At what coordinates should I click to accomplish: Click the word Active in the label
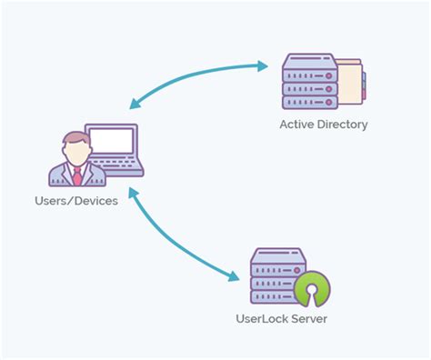(296, 125)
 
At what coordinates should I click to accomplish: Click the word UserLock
(260, 319)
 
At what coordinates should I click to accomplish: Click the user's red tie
(77, 175)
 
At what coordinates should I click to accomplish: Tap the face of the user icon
(76, 153)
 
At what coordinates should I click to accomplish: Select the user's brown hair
(76, 139)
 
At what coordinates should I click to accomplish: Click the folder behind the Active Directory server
(353, 82)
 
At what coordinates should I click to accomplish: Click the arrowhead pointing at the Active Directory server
(264, 65)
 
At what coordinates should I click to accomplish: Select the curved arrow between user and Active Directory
(191, 76)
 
